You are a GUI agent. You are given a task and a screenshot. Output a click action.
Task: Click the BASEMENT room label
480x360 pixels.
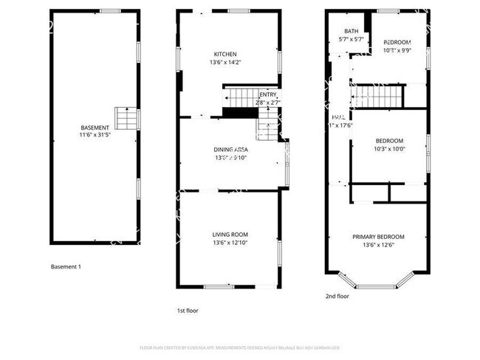[x=95, y=128]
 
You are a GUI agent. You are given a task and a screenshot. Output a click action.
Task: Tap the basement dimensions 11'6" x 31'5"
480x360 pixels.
[x=95, y=136]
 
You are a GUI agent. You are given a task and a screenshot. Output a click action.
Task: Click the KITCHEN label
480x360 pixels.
[x=225, y=55]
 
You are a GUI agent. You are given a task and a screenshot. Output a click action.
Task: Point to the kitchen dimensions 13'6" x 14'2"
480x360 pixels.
[x=225, y=63]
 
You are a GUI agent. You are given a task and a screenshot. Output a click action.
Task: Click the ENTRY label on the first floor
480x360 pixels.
[x=267, y=94]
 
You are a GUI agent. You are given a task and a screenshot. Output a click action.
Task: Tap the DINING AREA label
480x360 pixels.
[x=230, y=149]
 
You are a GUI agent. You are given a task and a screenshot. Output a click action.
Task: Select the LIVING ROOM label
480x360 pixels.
[x=230, y=235]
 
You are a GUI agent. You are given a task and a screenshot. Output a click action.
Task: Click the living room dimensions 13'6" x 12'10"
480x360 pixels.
[x=230, y=243]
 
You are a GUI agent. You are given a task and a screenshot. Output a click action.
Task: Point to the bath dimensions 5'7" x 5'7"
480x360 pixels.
[x=351, y=39]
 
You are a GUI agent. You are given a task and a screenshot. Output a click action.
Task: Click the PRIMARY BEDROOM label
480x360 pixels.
[x=377, y=237]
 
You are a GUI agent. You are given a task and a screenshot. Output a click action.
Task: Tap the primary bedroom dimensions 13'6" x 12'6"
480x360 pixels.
[x=377, y=245]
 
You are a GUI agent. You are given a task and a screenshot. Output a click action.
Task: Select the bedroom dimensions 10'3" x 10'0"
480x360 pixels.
[x=389, y=149]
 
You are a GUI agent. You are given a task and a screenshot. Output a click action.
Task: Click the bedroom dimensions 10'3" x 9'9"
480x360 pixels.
[x=397, y=51]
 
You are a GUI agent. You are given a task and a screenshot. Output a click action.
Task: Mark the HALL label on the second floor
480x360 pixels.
[x=338, y=117]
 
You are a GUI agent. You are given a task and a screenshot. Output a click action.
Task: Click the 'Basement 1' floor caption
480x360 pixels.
[x=66, y=266]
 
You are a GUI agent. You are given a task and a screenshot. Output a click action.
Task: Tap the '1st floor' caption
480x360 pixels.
[x=188, y=311]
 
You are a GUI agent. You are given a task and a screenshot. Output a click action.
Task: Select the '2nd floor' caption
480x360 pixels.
[x=337, y=296]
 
